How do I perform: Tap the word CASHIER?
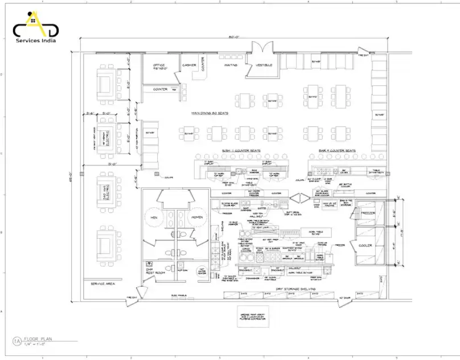189,65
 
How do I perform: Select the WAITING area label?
231,65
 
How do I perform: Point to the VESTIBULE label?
264,65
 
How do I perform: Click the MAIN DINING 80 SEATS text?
210,113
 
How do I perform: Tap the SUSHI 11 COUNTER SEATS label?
241,151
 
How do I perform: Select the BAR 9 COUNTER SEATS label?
337,151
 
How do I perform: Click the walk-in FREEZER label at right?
368,214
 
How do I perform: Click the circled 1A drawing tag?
17,341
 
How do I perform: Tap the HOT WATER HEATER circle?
202,272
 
